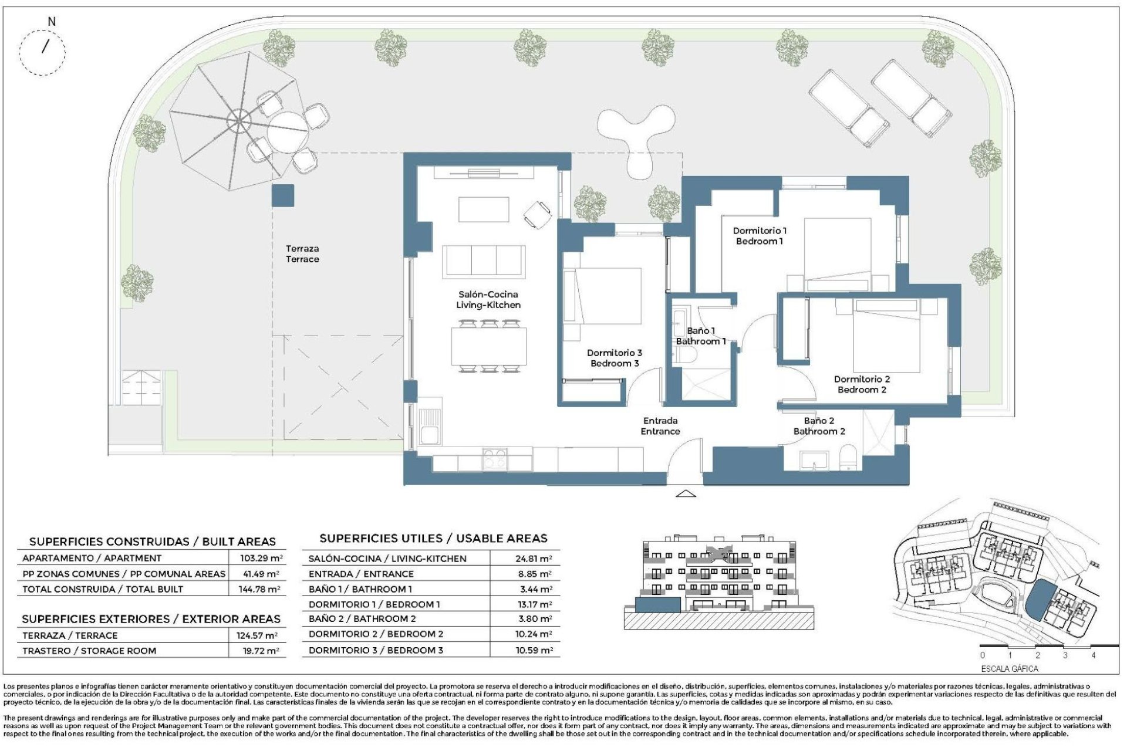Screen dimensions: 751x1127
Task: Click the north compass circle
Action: click(42, 51)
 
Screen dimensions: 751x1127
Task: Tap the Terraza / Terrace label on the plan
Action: click(302, 254)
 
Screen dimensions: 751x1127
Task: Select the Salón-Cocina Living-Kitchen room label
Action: click(488, 299)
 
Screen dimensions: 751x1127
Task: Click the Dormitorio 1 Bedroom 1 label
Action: click(760, 236)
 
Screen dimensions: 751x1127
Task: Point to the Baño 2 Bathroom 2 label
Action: click(819, 426)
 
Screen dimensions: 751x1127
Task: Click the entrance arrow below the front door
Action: click(686, 494)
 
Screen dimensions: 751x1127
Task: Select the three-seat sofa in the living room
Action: click(484, 261)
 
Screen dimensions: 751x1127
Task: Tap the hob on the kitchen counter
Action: click(495, 458)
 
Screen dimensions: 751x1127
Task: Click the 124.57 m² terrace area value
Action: click(259, 635)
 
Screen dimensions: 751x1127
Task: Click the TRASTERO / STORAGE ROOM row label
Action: click(89, 651)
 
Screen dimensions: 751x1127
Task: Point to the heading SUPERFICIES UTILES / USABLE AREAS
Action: click(433, 538)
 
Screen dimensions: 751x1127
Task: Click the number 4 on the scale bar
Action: click(1092, 655)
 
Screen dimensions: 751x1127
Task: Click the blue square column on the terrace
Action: click(282, 195)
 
